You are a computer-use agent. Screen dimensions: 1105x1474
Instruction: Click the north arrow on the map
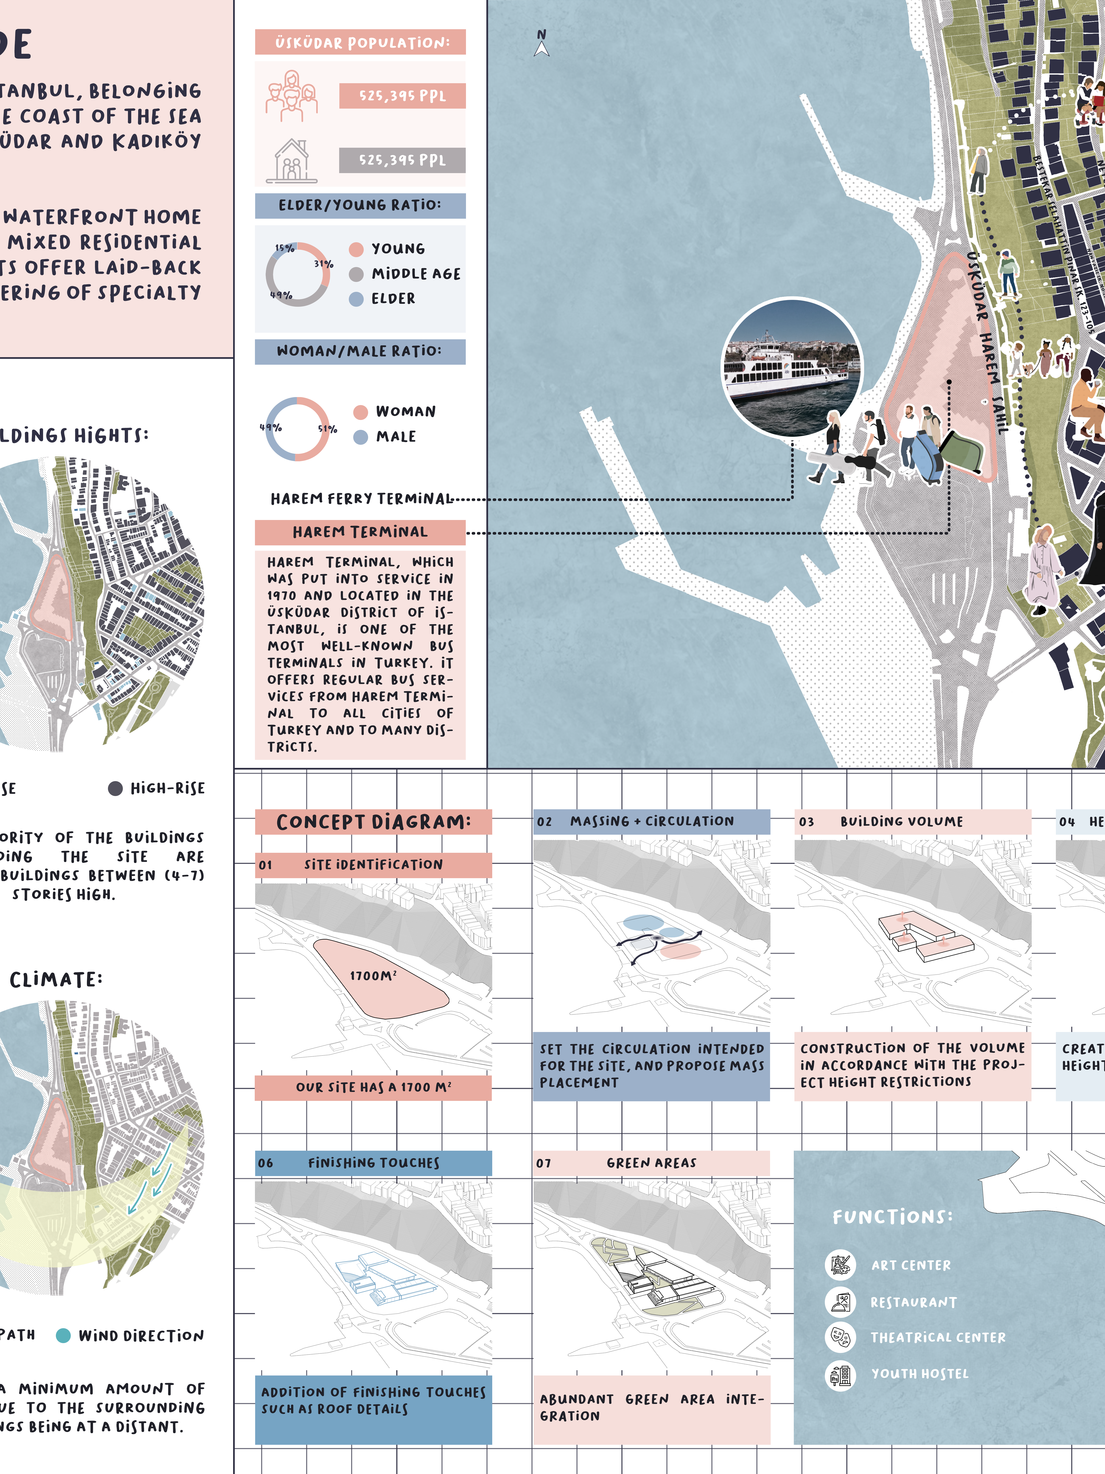pos(542,44)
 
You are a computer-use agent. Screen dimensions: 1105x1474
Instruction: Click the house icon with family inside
pos(292,161)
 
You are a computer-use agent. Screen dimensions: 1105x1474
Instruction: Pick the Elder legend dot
pos(356,299)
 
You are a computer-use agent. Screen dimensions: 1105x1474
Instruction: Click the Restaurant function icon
pos(840,1302)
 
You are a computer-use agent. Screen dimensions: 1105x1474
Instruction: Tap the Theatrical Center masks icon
pos(840,1337)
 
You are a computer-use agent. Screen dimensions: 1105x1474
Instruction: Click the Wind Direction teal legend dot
pos(63,1335)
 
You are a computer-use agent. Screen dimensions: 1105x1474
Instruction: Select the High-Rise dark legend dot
pos(115,788)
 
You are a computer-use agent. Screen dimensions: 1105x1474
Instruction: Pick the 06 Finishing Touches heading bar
pos(373,1163)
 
